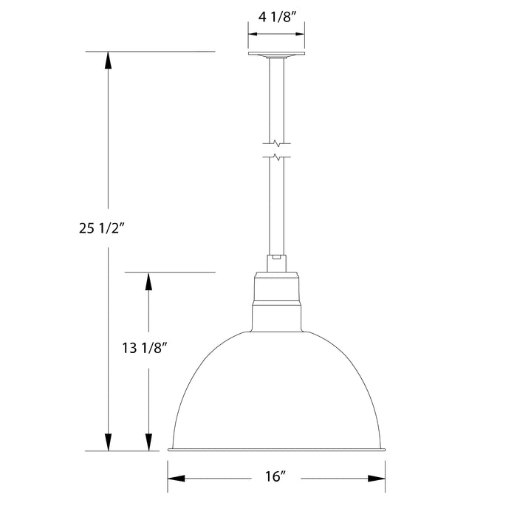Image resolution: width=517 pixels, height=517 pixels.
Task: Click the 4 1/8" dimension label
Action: (x=276, y=16)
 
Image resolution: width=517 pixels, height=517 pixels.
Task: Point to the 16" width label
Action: (x=277, y=477)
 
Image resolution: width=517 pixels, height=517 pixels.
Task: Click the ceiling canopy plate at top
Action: (x=276, y=55)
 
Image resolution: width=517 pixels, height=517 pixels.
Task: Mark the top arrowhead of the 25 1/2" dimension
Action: (x=109, y=60)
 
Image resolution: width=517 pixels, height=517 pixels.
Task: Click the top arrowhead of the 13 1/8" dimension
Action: (x=149, y=281)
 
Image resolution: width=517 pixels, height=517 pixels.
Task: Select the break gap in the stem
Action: (x=276, y=149)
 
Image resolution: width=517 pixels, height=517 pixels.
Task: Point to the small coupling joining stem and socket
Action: (x=276, y=260)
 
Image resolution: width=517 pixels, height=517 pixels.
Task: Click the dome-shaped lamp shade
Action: (x=276, y=391)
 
